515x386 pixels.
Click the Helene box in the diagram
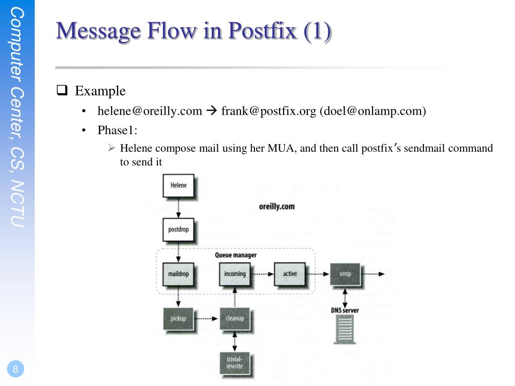[179, 186]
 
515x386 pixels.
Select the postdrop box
[179, 230]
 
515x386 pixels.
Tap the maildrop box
[179, 274]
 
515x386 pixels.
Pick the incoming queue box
[235, 274]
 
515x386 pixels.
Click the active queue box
[290, 274]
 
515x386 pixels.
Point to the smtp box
[346, 274]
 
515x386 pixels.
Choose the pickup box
[179, 318]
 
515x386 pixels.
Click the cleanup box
[235, 318]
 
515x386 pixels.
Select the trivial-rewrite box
[235, 363]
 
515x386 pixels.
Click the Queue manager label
[236, 255]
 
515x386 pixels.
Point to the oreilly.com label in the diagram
[277, 207]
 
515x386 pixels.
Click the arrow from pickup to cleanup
[207, 318]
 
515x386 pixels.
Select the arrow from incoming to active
[263, 274]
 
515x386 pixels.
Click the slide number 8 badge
[16, 369]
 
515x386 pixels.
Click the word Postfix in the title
[262, 31]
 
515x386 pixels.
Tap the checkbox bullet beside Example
[62, 90]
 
